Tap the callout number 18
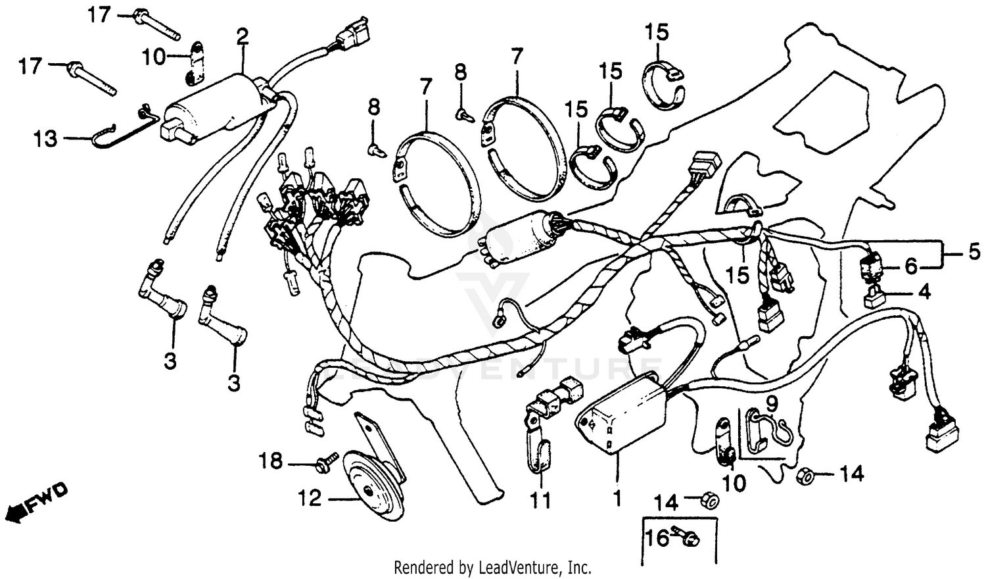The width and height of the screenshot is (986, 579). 270,462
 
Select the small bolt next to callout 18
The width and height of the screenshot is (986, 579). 327,463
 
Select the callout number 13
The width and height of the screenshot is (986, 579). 46,139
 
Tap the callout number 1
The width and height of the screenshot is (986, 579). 617,499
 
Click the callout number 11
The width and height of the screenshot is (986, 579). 541,501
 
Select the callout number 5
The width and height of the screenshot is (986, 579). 974,251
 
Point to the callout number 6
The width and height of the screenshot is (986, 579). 910,266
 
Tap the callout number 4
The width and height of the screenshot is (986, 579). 924,291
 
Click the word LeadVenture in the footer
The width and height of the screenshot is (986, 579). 520,567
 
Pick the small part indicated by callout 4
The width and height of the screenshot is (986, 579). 875,298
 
